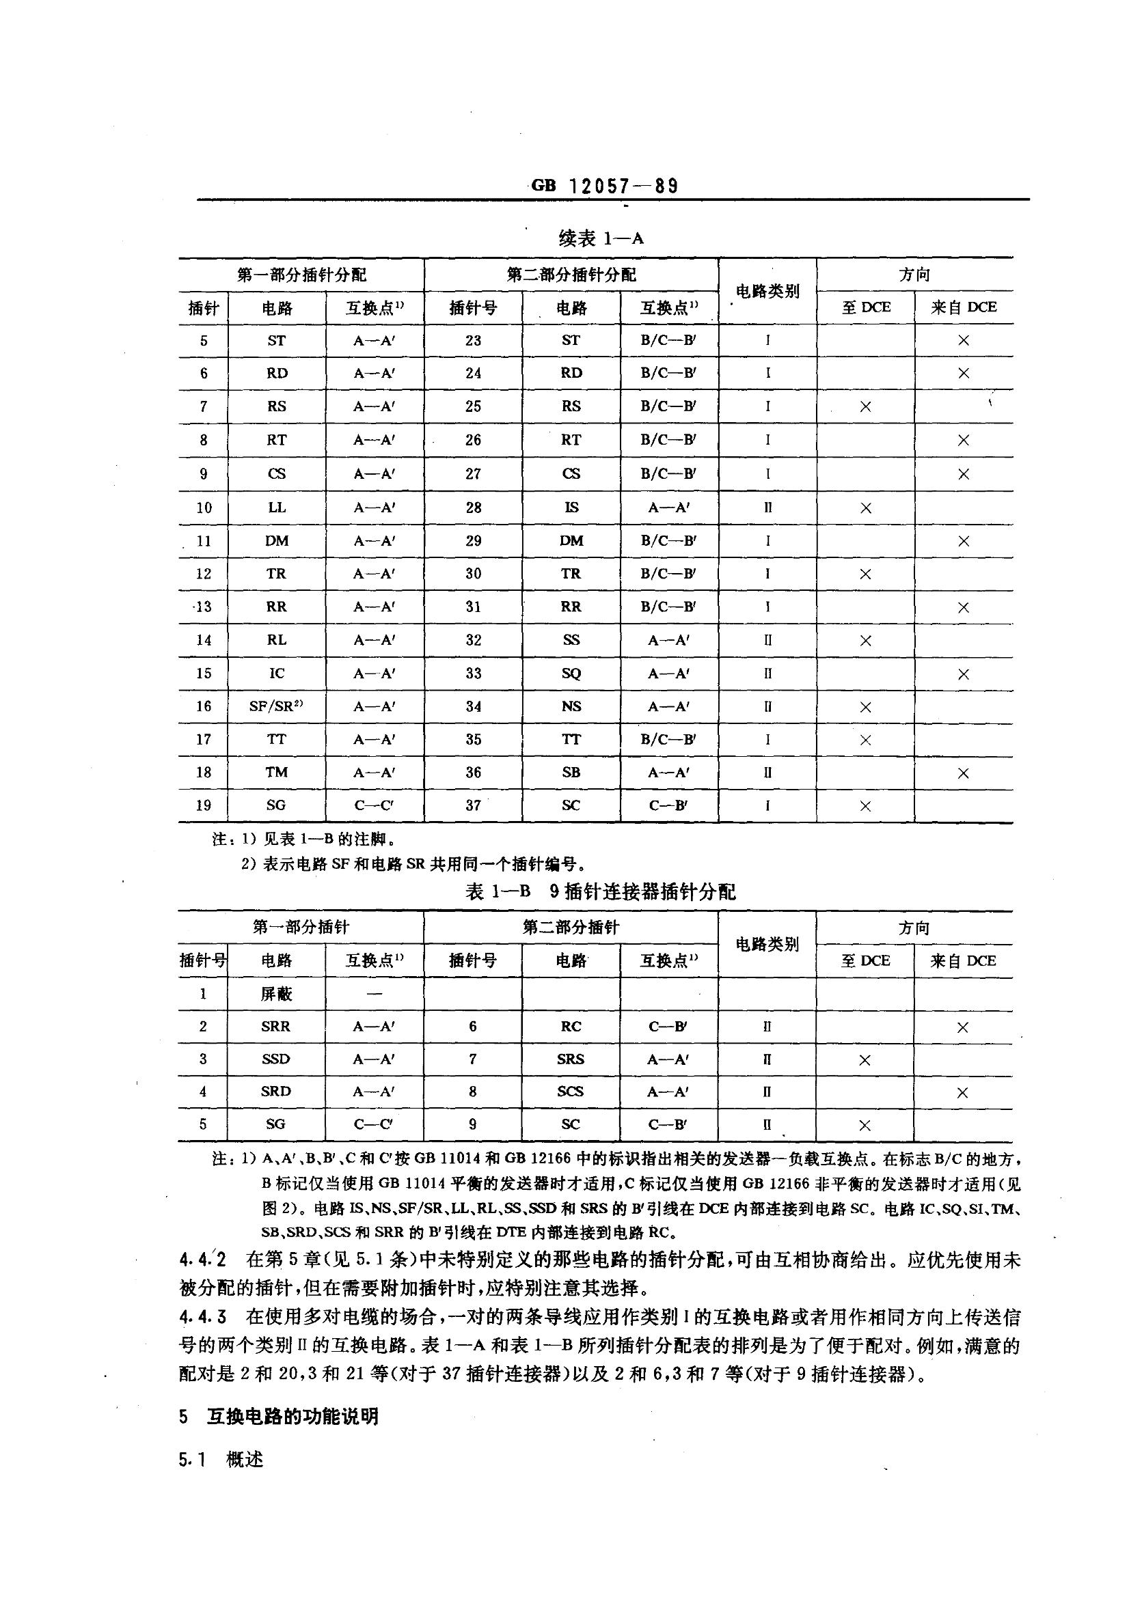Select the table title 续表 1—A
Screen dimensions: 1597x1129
601,238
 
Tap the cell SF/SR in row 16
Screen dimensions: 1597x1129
275,706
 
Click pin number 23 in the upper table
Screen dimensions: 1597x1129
474,340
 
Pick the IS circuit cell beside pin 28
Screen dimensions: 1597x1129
571,507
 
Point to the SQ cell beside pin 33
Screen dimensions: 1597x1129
571,673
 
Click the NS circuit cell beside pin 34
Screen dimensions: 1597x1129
571,706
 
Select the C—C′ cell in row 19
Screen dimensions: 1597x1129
374,805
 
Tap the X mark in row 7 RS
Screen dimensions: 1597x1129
865,406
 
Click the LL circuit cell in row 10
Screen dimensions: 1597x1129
276,507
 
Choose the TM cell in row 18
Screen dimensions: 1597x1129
276,772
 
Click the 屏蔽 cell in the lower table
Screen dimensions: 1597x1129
276,994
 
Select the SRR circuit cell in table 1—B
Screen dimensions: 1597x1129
275,1027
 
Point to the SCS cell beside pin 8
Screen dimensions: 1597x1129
570,1092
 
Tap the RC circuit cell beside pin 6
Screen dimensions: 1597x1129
571,1027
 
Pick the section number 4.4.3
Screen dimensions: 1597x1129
202,1317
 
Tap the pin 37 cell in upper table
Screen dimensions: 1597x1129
474,805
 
